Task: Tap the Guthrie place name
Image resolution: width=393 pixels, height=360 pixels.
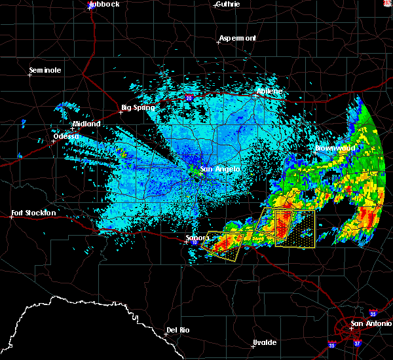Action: (x=227, y=4)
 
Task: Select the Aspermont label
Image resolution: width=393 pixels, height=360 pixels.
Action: (x=237, y=38)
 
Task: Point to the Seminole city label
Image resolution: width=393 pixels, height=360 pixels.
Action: (x=45, y=70)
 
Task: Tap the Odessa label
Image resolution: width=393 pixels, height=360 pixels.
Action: (x=67, y=136)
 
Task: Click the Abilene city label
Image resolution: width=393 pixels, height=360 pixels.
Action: (x=269, y=91)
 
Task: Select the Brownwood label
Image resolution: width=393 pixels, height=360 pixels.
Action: (x=335, y=148)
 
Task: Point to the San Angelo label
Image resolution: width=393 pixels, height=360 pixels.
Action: (x=219, y=169)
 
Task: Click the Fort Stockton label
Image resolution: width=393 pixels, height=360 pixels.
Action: (x=33, y=213)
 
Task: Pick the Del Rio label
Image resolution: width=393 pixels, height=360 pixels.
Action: (x=178, y=330)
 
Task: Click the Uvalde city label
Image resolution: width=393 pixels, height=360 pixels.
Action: (x=265, y=343)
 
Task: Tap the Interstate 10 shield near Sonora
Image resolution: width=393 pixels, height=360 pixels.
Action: (x=195, y=243)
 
